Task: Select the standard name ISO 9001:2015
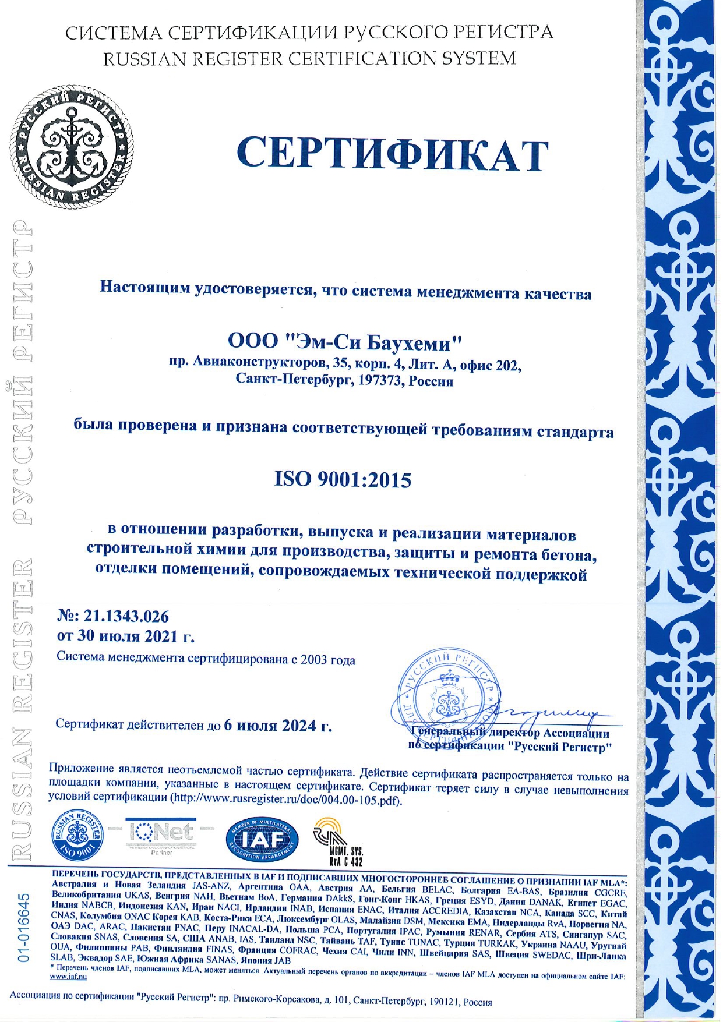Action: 343,480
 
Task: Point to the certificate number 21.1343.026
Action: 126,616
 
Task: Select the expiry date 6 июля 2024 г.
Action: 278,726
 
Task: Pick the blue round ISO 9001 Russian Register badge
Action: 78,836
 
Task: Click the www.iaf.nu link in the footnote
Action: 69,977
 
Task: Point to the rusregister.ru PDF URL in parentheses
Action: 285,800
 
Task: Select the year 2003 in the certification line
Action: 315,660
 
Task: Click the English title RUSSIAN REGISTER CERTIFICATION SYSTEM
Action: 309,59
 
